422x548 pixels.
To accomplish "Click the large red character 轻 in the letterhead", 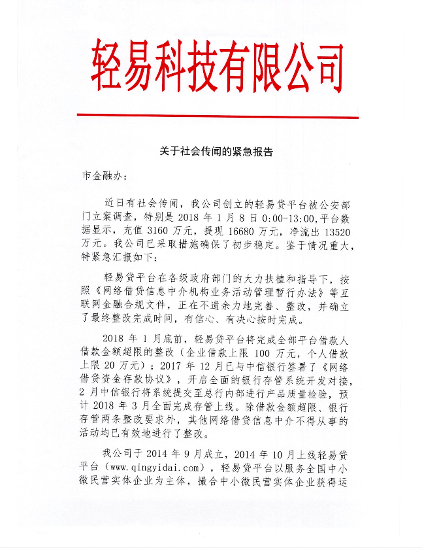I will (x=106, y=65).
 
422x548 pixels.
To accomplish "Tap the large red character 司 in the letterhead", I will (x=320, y=65).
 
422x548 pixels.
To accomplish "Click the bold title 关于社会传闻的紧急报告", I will (x=216, y=152).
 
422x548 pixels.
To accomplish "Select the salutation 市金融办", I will (x=98, y=176).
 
